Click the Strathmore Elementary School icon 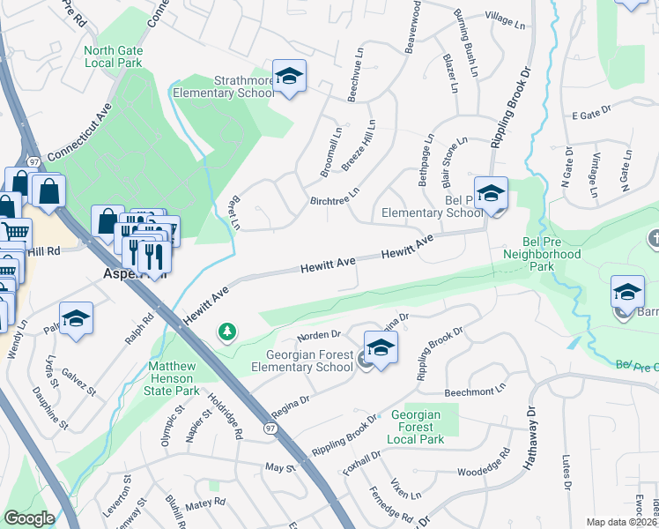[x=288, y=78]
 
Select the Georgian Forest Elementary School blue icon [x=381, y=347]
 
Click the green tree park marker [x=228, y=332]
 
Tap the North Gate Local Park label [x=113, y=56]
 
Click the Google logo [x=29, y=518]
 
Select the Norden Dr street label [x=319, y=335]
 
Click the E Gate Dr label [x=590, y=115]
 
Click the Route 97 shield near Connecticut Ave [x=34, y=162]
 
